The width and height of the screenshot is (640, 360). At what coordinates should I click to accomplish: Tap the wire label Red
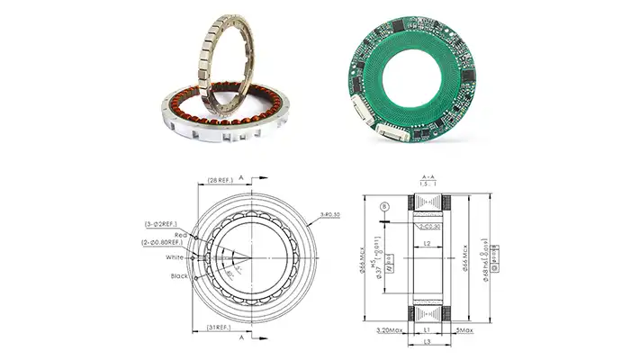tap(181, 234)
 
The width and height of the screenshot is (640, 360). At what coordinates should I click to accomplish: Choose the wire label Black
tap(179, 276)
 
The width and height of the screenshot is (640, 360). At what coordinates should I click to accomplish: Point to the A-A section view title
tap(428, 177)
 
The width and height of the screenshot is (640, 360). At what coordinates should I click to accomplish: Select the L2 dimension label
tap(428, 244)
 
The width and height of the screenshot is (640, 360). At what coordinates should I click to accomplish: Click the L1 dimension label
tap(428, 331)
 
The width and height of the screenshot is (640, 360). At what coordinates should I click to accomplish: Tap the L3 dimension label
tap(428, 343)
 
